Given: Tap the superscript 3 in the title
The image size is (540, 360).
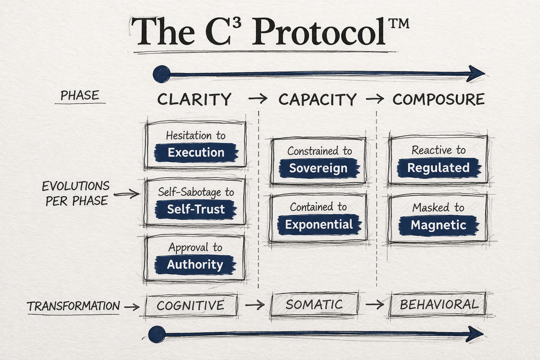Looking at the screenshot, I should coord(237,24).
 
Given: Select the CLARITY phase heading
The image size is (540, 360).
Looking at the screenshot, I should coord(194,99).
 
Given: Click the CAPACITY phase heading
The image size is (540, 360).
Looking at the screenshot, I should coord(317,99).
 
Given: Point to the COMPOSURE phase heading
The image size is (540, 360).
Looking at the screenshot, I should coord(438,99).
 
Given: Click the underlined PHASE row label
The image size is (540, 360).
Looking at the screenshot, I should coord(80,96).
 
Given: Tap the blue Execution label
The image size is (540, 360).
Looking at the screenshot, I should coord(196,153).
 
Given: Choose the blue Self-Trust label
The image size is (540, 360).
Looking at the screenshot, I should coord(196,209).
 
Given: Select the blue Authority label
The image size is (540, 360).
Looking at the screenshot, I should coord(195,264).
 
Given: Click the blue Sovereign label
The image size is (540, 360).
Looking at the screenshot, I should coord(319,168).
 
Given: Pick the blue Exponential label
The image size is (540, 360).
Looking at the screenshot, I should coord(319,224).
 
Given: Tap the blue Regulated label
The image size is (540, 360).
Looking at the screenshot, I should coord(438,168).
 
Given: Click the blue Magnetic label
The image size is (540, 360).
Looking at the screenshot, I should coord(438,225).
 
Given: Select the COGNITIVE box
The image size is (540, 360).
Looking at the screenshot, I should coord(191,306).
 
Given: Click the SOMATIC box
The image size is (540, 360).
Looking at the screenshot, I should coord(314,304).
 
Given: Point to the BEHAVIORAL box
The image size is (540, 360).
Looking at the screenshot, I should coord(439,304).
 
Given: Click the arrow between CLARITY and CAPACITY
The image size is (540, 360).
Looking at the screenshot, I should coord(258,99).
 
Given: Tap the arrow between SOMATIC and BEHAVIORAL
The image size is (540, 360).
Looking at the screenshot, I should coord(375,304).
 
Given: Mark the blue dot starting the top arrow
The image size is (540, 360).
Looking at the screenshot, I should coord(161,74).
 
